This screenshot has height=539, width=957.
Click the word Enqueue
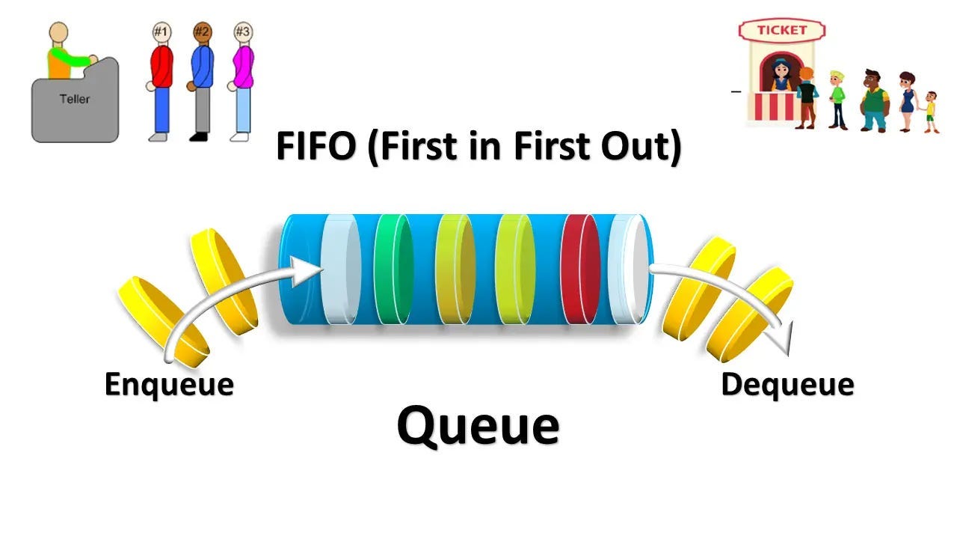tap(169, 385)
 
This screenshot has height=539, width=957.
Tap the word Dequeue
tap(787, 385)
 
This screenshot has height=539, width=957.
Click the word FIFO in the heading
tap(317, 147)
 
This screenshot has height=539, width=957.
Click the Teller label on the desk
tap(74, 98)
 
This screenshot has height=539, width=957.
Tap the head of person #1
tap(161, 32)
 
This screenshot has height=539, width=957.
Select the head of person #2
tap(202, 32)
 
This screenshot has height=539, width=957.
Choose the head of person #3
tap(242, 32)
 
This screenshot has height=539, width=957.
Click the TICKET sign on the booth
tap(782, 31)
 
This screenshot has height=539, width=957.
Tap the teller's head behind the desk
tap(59, 33)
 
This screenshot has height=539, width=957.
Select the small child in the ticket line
tap(930, 111)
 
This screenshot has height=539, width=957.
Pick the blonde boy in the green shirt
tap(837, 96)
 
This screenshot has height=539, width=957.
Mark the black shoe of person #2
tap(198, 137)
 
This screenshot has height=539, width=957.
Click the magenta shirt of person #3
tap(242, 67)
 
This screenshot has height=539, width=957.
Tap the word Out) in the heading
tap(641, 147)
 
